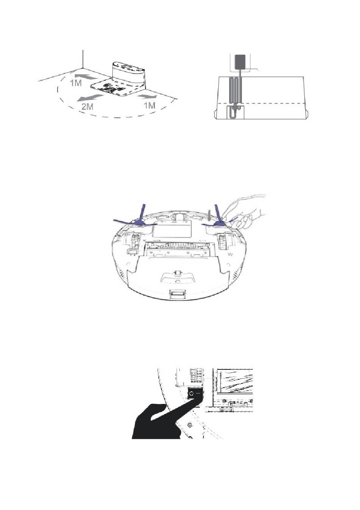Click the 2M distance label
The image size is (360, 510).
(x=88, y=106)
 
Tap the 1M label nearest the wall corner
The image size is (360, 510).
(x=76, y=83)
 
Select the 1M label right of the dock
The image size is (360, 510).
(x=149, y=105)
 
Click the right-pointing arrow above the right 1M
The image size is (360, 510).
(x=147, y=97)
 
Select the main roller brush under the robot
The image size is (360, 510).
(x=180, y=246)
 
